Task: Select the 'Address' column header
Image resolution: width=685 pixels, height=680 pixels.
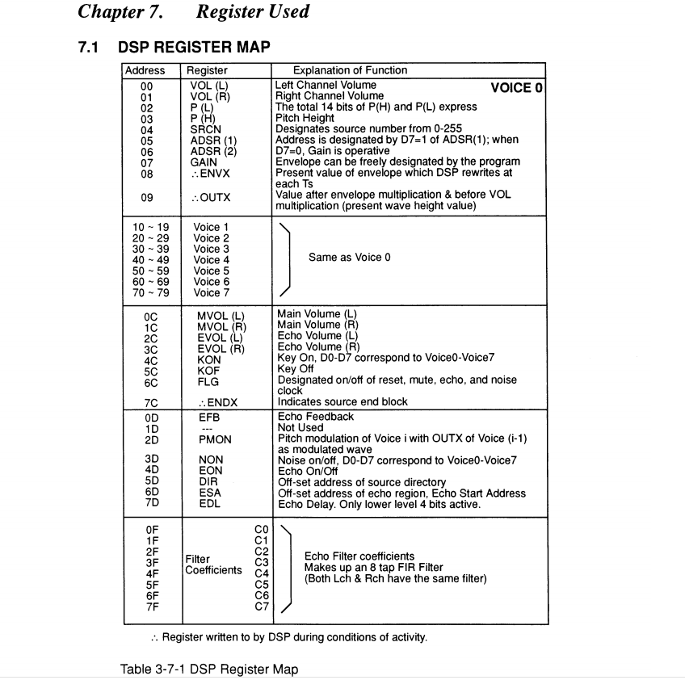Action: pos(145,70)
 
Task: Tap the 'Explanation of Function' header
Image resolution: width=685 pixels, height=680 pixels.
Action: pos(350,70)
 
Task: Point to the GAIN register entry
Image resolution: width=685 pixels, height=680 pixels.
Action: pos(204,162)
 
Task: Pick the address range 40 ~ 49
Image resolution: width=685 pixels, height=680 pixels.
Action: pos(150,260)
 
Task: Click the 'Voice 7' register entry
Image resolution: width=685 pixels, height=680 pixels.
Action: pos(212,292)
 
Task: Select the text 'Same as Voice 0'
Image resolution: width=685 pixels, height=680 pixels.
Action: pos(349,258)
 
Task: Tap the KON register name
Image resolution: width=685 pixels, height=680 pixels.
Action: pos(208,359)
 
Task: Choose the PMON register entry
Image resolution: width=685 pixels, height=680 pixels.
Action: pos(215,439)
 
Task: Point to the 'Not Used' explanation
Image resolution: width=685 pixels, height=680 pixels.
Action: pos(300,428)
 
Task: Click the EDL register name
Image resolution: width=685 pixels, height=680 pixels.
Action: pos(209,504)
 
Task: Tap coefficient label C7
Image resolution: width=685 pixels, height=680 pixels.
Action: pos(261,607)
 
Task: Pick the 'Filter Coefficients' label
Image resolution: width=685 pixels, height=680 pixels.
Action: pos(213,565)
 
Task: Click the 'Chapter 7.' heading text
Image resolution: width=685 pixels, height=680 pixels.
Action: pos(119,12)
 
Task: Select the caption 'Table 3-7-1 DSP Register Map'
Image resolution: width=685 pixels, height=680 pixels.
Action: pos(209,669)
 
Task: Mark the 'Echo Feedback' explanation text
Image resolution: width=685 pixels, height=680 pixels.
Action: pos(315,417)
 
